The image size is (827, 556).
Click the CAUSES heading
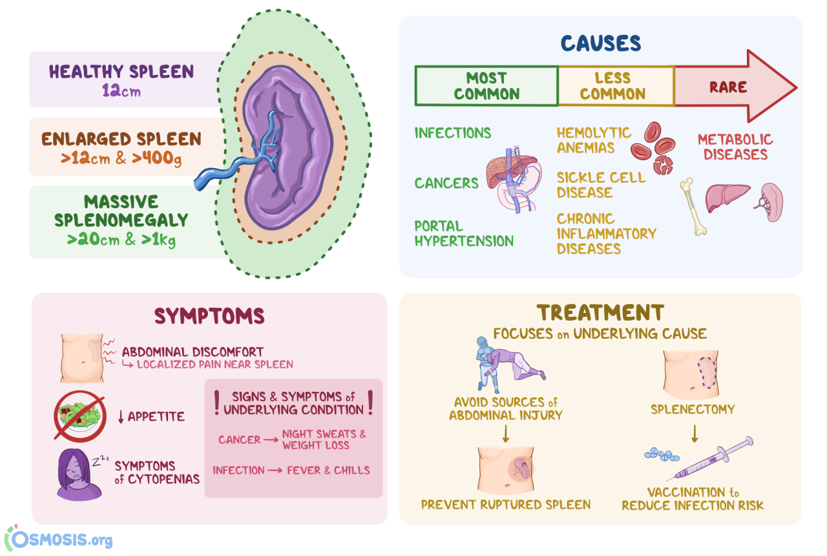[x=600, y=43]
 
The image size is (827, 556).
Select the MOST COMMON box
[x=486, y=86]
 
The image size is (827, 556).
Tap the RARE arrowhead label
[x=728, y=87]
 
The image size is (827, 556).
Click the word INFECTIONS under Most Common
[x=452, y=133]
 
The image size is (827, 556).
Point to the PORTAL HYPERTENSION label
[x=463, y=233]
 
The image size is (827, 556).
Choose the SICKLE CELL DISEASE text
[x=600, y=185]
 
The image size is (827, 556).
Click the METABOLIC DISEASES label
[x=735, y=147]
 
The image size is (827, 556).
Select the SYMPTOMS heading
[x=209, y=315]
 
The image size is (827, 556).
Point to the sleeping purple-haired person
[x=78, y=475]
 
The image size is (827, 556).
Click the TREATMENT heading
[x=600, y=313]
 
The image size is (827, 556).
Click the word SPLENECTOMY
[x=693, y=409]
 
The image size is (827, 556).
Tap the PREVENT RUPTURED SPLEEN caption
[x=506, y=504]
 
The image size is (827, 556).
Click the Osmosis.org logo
[x=58, y=539]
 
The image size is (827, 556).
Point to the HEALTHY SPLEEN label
[x=121, y=72]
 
